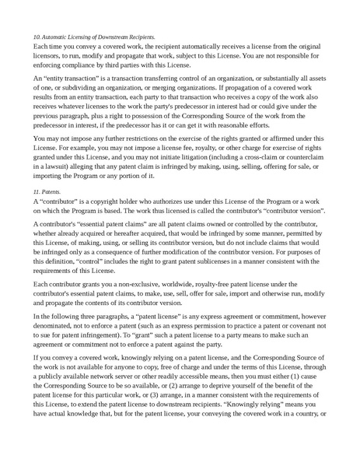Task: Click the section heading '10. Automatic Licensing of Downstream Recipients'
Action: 94,37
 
